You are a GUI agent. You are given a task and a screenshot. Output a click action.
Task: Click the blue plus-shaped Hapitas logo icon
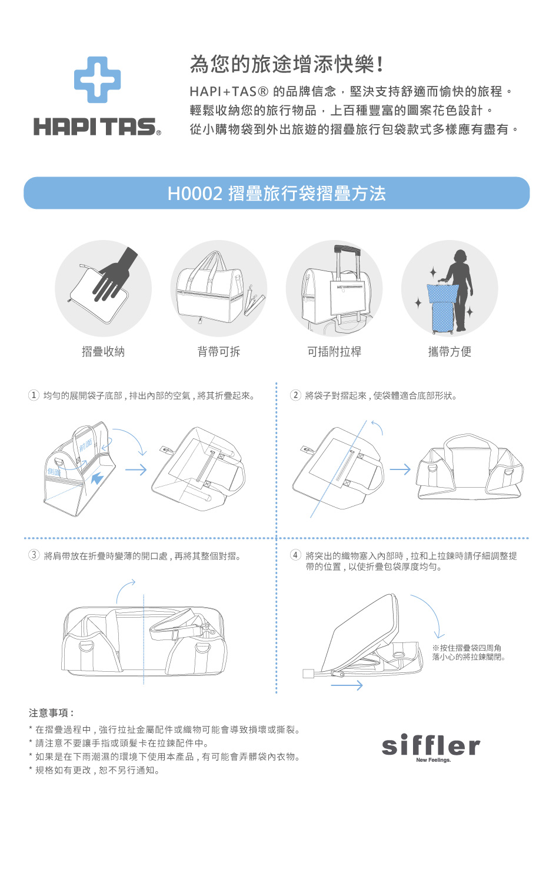(x=98, y=79)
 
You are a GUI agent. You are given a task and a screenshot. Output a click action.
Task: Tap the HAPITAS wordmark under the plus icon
(x=97, y=127)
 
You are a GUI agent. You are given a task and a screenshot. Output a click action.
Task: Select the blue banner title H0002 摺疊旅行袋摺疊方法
(x=277, y=194)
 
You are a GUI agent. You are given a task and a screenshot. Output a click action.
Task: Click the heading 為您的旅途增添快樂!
(x=287, y=64)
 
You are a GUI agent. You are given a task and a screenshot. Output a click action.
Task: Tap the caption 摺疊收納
(x=104, y=352)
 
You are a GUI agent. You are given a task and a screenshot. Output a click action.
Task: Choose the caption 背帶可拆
(x=219, y=352)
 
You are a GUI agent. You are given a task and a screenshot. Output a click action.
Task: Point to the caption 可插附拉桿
(x=334, y=352)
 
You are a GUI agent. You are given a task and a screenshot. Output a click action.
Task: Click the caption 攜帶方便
(x=450, y=352)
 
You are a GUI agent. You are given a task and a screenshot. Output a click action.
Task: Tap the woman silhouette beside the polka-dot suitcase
(x=460, y=290)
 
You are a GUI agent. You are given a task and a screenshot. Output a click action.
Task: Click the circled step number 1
(x=34, y=395)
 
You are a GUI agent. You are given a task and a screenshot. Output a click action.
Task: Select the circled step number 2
(x=296, y=395)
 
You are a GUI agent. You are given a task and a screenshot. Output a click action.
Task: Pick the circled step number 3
(x=34, y=555)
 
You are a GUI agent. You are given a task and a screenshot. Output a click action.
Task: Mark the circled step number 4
(x=296, y=555)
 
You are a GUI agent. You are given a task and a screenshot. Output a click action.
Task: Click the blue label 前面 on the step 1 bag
(x=86, y=445)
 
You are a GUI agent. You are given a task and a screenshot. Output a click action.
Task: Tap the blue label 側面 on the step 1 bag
(x=54, y=472)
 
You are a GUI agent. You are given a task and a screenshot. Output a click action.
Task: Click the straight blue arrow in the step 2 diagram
(x=400, y=469)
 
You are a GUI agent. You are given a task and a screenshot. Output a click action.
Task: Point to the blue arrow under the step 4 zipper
(x=347, y=685)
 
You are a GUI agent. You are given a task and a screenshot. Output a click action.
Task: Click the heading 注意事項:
(x=51, y=713)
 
